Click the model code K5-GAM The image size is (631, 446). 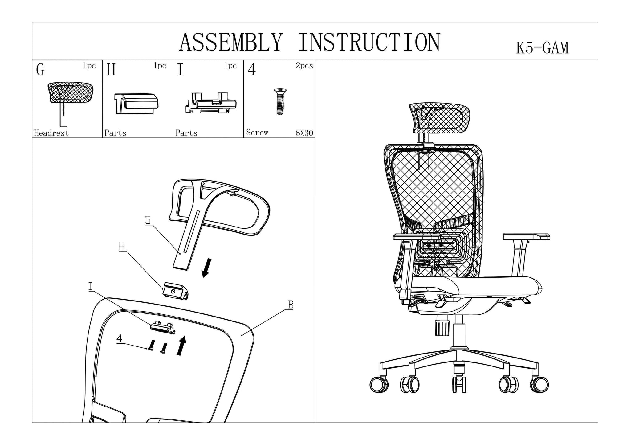point(542,48)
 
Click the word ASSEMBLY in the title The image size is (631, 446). point(230,42)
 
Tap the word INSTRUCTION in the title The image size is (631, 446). point(369,42)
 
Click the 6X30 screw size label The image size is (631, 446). point(304,133)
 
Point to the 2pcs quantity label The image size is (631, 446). point(304,66)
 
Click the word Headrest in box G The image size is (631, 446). point(51,133)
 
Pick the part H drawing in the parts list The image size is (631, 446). point(136,103)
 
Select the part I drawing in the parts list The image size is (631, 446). point(210,103)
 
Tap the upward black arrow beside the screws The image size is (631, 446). point(182,346)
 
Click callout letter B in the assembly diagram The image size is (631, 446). point(290,305)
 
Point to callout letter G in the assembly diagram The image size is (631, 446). point(148,220)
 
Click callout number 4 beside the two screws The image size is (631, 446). point(119,339)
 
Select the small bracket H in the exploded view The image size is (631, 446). point(176,291)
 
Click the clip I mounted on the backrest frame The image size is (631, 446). point(163,327)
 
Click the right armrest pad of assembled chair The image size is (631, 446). point(526,237)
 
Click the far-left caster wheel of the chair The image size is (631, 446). point(379,385)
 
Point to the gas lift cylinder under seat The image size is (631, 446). point(459,334)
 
